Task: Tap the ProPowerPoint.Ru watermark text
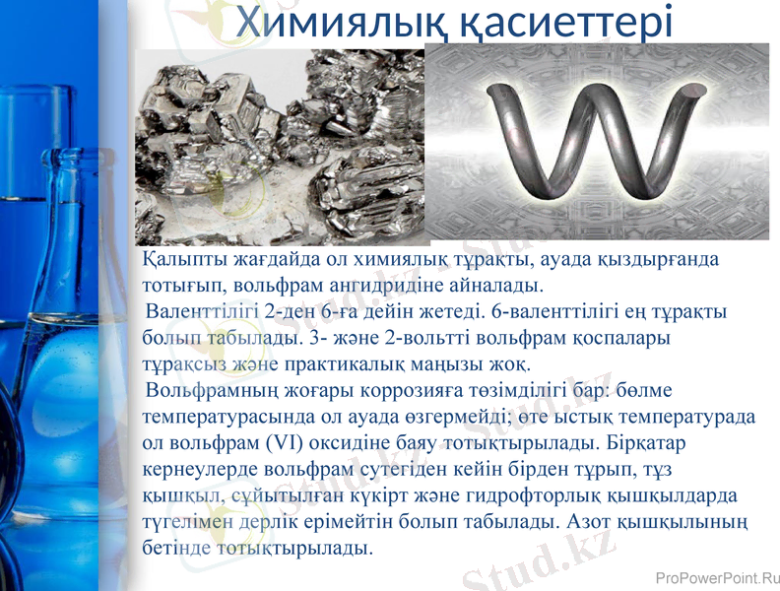pyautogui.click(x=716, y=579)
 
